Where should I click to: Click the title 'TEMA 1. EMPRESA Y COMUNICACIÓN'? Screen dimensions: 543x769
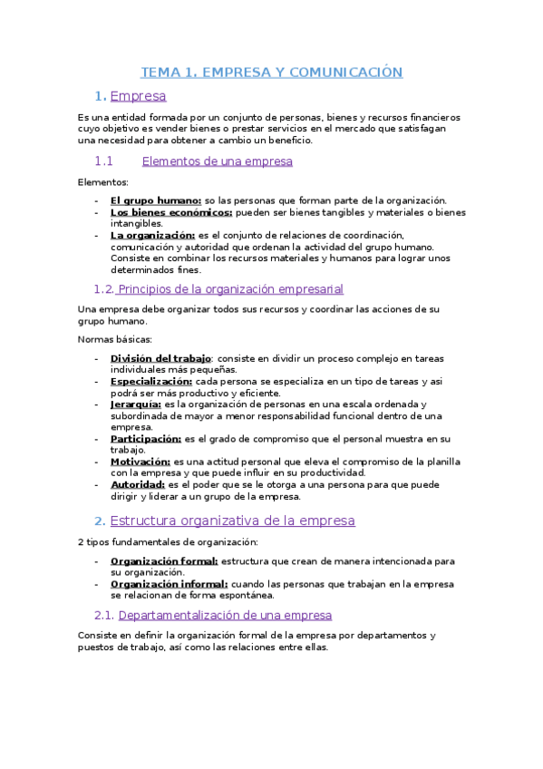pyautogui.click(x=271, y=72)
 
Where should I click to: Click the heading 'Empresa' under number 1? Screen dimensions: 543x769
pyautogui.click(x=138, y=95)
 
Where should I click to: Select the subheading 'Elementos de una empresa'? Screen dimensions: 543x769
pyautogui.click(x=218, y=161)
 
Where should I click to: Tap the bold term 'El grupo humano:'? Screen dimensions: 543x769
pyautogui.click(x=156, y=200)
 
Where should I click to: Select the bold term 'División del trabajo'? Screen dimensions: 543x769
pyautogui.click(x=160, y=358)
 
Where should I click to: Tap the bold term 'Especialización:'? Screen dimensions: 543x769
pyautogui.click(x=151, y=381)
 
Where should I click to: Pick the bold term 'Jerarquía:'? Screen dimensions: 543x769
pyautogui.click(x=136, y=404)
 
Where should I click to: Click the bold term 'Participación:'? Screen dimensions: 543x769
pyautogui.click(x=146, y=438)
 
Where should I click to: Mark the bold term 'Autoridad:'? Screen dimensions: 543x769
pyautogui.click(x=138, y=484)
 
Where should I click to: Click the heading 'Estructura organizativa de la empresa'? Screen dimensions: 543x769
pyautogui.click(x=232, y=521)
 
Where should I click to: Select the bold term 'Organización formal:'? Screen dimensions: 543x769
pyautogui.click(x=164, y=561)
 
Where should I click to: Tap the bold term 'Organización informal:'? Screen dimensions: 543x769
pyautogui.click(x=169, y=584)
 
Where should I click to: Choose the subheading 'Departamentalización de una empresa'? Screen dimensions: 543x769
pyautogui.click(x=226, y=615)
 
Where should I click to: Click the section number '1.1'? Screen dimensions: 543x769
pyautogui.click(x=102, y=161)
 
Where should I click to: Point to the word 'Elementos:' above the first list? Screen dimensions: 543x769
pyautogui.click(x=103, y=182)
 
